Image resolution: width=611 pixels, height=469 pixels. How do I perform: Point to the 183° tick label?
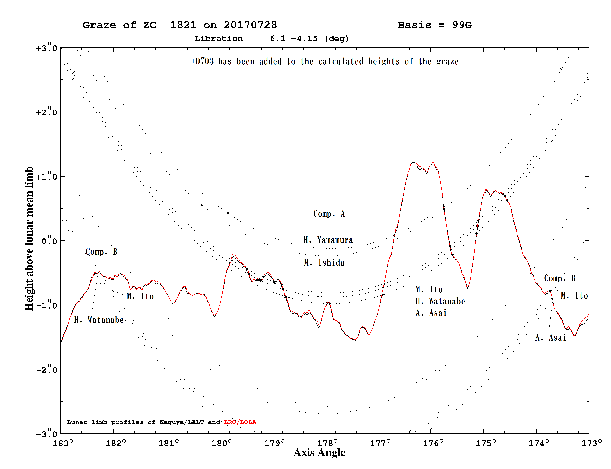click(x=63, y=443)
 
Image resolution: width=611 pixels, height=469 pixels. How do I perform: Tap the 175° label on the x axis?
click(x=486, y=443)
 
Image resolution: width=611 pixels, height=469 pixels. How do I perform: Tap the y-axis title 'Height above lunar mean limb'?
click(x=29, y=239)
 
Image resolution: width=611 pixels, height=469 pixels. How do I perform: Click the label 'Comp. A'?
click(x=329, y=214)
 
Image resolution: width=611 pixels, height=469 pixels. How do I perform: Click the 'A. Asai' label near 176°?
click(x=431, y=313)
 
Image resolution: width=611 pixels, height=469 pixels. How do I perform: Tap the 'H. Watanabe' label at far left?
click(x=99, y=320)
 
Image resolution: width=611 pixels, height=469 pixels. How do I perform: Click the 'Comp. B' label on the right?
click(x=560, y=278)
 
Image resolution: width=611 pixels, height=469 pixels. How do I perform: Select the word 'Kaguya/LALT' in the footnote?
click(x=182, y=422)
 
